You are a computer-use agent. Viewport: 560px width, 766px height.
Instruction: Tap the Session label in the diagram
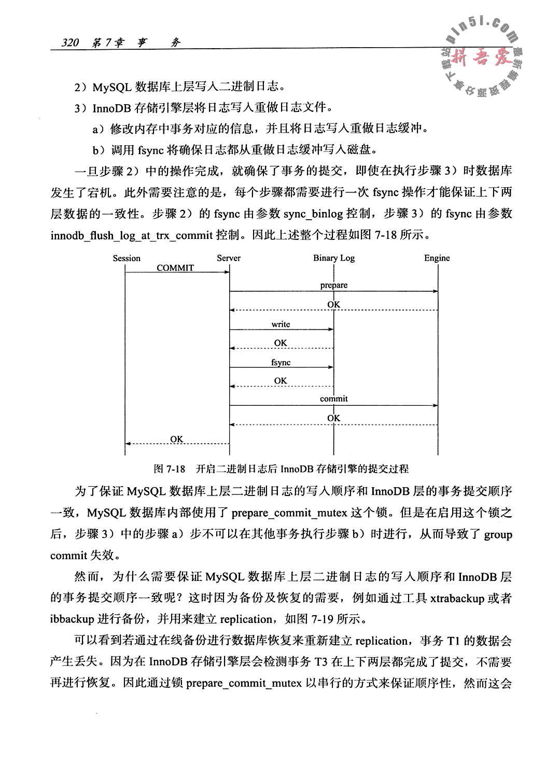[127, 258]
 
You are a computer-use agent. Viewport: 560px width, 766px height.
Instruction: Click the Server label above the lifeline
[229, 258]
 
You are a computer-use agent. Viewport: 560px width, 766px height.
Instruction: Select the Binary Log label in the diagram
[334, 258]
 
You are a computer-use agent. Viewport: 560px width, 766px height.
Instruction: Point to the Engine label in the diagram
[437, 258]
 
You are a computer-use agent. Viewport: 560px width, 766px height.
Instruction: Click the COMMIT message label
[175, 268]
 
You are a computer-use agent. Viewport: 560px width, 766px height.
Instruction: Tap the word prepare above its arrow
[334, 285]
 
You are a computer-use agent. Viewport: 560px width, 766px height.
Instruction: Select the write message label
[281, 324]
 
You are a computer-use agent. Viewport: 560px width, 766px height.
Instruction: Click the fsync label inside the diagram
[281, 362]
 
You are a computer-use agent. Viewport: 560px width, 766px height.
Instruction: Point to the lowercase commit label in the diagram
[334, 399]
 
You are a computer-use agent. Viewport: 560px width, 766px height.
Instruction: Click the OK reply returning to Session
[177, 439]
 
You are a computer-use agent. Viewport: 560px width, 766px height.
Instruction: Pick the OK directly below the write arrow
[281, 343]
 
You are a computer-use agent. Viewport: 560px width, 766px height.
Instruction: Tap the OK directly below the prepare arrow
[334, 304]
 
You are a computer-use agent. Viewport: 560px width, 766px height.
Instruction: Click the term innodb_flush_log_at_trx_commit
[132, 236]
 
